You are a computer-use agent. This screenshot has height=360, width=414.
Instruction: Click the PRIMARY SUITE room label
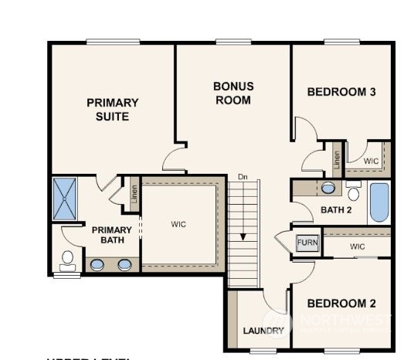[113, 109]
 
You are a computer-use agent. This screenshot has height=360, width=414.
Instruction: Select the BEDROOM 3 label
[341, 92]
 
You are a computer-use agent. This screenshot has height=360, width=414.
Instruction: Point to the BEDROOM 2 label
[341, 303]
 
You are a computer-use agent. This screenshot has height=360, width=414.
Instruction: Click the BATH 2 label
[336, 209]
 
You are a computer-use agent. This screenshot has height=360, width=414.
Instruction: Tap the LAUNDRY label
[263, 331]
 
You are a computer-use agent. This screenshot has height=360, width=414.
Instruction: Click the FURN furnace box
[307, 242]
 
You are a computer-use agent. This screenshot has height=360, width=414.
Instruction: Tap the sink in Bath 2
[327, 188]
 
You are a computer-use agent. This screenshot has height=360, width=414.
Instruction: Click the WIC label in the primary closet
[178, 225]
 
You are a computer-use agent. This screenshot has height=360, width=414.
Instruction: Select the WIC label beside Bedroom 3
[371, 161]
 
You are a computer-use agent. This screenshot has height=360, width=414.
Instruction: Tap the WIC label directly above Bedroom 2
[356, 246]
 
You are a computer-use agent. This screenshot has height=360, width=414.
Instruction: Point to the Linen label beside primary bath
[134, 195]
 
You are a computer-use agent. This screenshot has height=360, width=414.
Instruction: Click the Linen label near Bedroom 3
[337, 160]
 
